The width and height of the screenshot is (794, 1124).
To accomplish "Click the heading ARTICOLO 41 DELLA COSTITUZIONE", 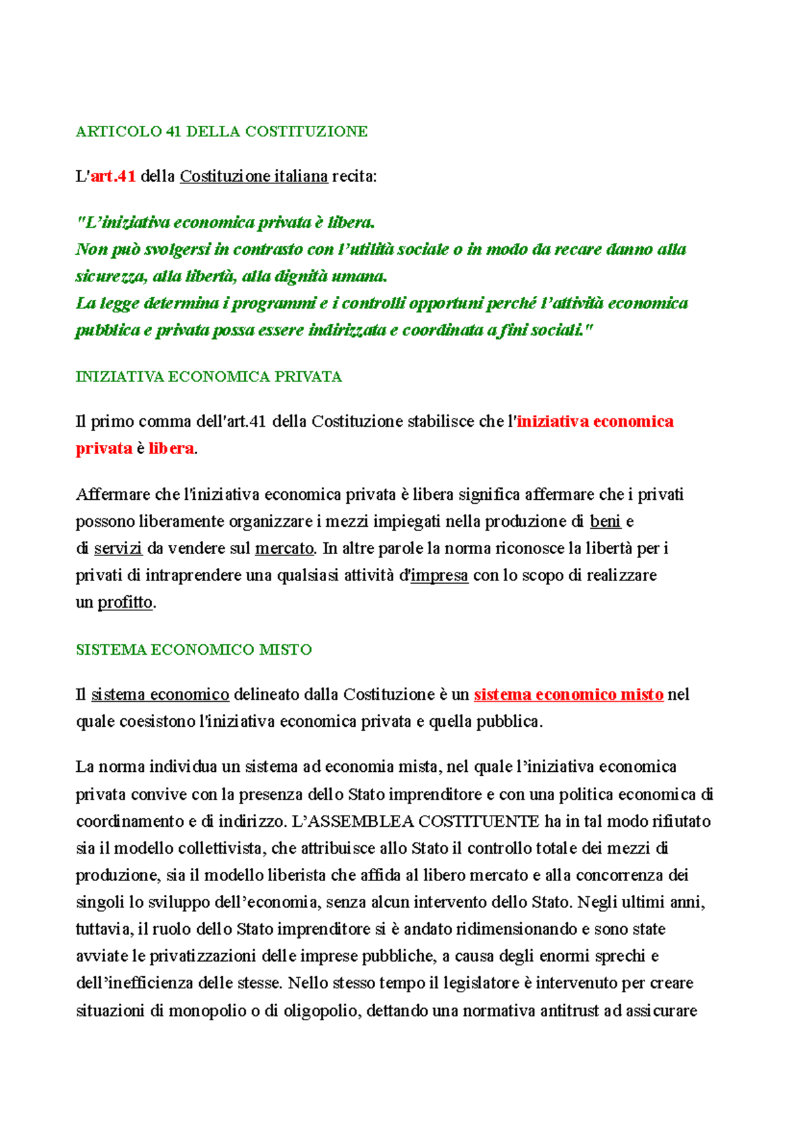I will (x=222, y=132).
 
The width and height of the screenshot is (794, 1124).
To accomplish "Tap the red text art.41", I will (x=113, y=177).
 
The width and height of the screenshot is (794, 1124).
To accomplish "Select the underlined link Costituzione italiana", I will (x=253, y=177).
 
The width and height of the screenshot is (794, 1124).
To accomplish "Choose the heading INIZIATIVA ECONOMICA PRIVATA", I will (x=208, y=377).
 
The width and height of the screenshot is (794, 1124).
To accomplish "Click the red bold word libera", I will (x=171, y=449).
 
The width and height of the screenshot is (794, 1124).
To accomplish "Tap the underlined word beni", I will (x=605, y=522).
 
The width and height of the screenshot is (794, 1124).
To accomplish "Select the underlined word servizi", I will (x=118, y=549).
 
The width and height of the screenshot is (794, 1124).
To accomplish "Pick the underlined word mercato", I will (x=284, y=549).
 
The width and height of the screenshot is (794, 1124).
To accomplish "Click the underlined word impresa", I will (x=439, y=576).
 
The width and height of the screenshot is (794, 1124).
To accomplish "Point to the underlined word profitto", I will (x=125, y=603).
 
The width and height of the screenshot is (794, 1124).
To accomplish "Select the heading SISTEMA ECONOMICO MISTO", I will (x=193, y=650).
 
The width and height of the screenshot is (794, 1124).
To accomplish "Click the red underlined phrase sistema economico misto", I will (x=568, y=695).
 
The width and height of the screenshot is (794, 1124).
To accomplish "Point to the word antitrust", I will (x=570, y=1011).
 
